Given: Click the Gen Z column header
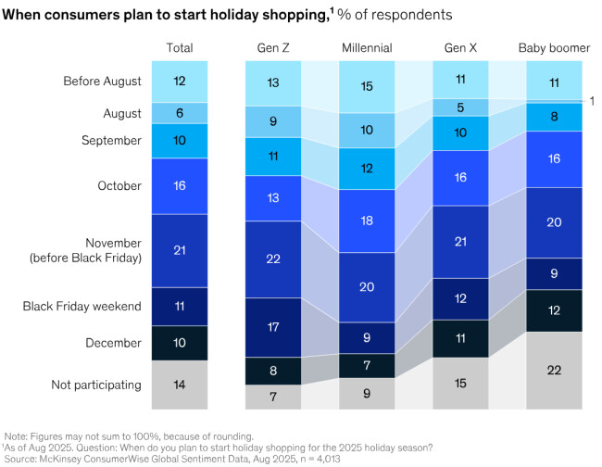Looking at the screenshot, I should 272,47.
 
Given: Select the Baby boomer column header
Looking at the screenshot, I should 554,47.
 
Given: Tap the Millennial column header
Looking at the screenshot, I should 367,47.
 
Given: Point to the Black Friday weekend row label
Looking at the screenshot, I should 95,305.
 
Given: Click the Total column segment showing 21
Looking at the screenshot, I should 180,250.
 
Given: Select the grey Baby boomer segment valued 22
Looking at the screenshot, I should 554,370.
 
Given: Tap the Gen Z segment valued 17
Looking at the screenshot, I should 272,326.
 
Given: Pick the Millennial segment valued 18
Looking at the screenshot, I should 367,220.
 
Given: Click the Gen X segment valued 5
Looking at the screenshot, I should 460,107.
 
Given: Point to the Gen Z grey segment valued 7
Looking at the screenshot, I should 272,397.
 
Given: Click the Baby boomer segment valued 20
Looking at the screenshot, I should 554,222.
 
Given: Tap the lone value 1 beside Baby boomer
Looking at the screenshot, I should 592,100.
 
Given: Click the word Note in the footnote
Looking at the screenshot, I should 17,435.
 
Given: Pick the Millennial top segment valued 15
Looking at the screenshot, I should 367,86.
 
